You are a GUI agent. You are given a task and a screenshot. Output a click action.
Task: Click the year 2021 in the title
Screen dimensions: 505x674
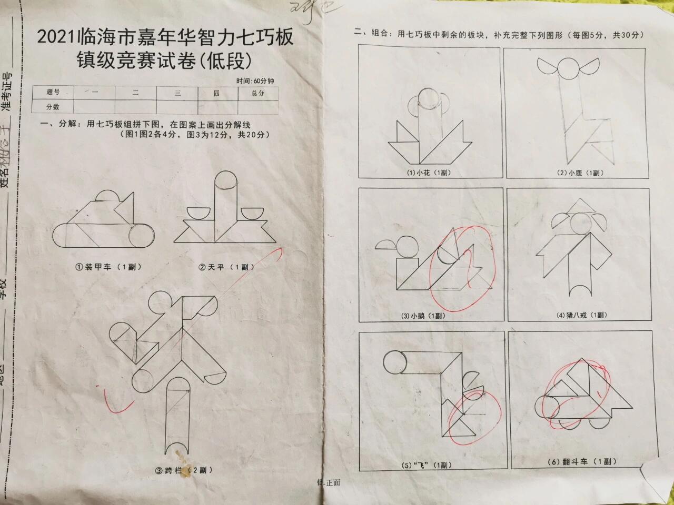(55, 38)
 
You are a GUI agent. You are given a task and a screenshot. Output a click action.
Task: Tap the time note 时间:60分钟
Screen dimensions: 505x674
(255, 82)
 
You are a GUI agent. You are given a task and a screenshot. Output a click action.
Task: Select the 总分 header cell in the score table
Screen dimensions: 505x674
(257, 93)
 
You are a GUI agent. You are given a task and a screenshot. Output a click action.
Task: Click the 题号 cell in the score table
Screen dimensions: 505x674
(53, 93)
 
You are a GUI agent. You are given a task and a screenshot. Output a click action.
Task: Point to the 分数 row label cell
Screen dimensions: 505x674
(53, 107)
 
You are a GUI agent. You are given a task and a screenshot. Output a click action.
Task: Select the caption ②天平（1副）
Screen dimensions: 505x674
(226, 267)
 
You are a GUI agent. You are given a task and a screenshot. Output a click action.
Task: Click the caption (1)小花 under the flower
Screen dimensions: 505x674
(429, 173)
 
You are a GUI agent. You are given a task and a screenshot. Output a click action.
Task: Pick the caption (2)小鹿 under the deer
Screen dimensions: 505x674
(580, 173)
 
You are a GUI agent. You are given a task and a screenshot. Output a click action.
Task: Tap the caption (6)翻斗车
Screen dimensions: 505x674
(581, 461)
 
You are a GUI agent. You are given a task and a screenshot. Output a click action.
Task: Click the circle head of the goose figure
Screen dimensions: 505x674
(408, 247)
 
